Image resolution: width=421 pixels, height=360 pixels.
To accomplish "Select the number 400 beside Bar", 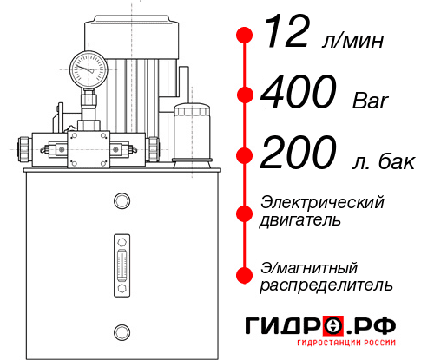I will [x=299, y=94].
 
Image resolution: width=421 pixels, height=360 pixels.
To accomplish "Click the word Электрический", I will [x=322, y=202].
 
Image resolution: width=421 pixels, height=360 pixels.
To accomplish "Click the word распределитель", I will [x=326, y=284].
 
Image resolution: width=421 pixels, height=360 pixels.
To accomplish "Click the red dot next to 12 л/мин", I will [x=245, y=36].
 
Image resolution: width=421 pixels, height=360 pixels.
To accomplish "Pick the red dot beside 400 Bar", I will [x=245, y=95].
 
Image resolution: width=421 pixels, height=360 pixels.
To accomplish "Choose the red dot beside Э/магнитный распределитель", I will [x=245, y=274].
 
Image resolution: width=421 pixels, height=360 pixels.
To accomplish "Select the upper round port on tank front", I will [x=121, y=202].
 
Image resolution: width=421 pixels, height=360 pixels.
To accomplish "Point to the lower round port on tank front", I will [x=121, y=330].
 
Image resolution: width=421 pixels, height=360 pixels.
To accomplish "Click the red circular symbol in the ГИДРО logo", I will [x=332, y=327].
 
